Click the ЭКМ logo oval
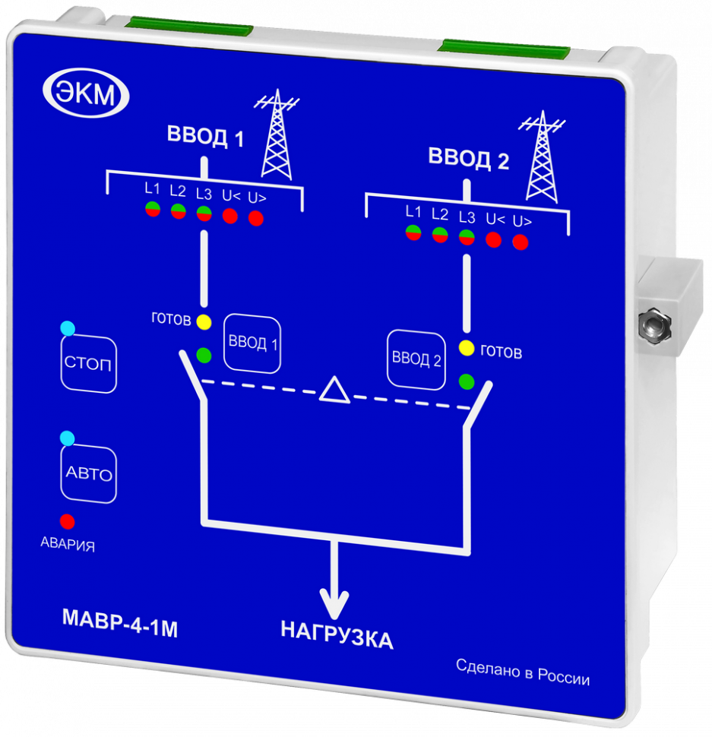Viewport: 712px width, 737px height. click(x=86, y=95)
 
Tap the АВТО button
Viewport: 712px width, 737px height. click(x=88, y=475)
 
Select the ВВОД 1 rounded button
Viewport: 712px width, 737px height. click(x=253, y=343)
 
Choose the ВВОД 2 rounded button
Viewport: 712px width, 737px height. click(x=416, y=359)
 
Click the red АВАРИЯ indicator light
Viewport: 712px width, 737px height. click(x=68, y=522)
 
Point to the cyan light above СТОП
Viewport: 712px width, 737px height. click(x=68, y=328)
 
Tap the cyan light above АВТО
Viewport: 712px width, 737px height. click(x=68, y=438)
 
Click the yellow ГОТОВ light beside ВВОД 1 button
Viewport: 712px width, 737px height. click(x=204, y=321)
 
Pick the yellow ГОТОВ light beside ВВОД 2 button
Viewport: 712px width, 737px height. click(x=467, y=349)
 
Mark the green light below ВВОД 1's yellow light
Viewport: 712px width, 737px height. click(x=204, y=354)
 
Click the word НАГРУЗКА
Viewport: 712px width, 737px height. click(x=337, y=636)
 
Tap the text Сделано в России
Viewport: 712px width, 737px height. click(x=523, y=672)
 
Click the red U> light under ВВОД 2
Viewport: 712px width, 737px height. click(x=521, y=242)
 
